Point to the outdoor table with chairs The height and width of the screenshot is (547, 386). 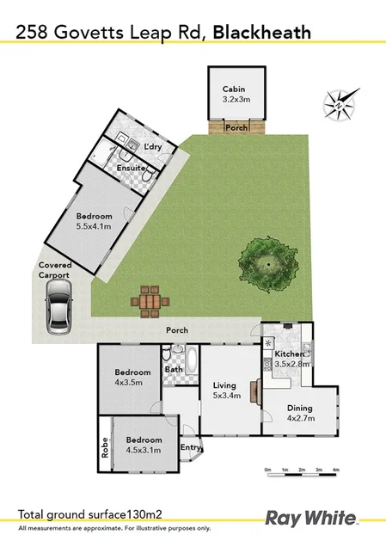(x=150, y=302)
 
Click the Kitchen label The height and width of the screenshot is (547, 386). (x=290, y=354)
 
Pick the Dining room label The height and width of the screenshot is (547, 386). (x=300, y=409)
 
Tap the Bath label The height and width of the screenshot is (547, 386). (x=174, y=370)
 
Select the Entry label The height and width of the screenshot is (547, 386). (x=190, y=447)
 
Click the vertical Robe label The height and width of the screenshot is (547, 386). (x=106, y=445)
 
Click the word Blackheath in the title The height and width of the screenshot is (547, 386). (x=261, y=33)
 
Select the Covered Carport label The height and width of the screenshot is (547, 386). (x=54, y=271)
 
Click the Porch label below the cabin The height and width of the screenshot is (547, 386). (x=236, y=128)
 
